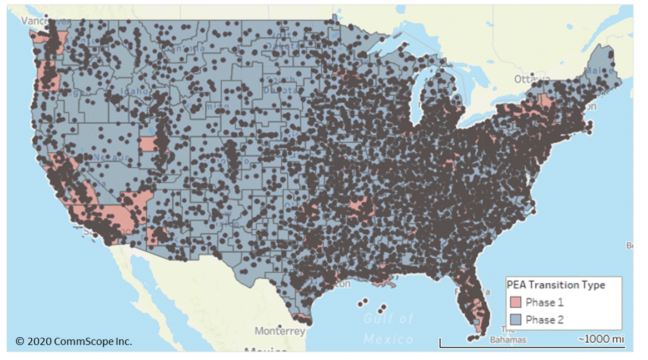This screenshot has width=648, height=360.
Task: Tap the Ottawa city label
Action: [x=529, y=80]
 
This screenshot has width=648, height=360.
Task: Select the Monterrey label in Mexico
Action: [x=280, y=331]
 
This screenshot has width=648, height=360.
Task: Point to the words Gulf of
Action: [x=389, y=319]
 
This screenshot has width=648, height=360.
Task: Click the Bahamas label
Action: [x=505, y=339]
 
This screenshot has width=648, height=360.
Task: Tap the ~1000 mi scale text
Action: [x=601, y=339]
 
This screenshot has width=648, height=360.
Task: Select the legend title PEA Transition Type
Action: [x=556, y=285]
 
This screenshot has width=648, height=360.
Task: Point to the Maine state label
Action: [x=599, y=72]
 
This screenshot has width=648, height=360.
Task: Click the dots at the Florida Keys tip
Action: [x=472, y=337]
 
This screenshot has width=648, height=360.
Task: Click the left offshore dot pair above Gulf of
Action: [x=363, y=302]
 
